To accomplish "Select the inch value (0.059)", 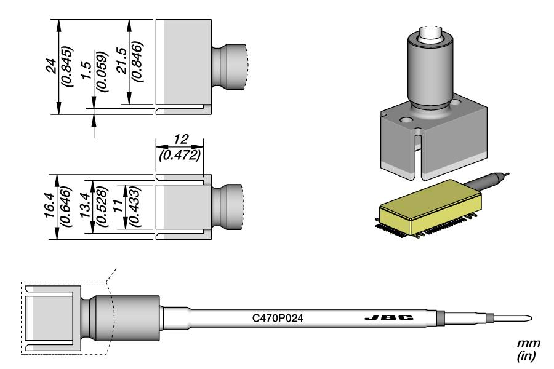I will click(x=102, y=71).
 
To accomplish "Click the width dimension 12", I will click(x=180, y=139).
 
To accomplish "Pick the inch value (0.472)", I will click(x=180, y=155).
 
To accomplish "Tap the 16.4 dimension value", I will click(x=51, y=207).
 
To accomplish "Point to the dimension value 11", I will click(x=119, y=207).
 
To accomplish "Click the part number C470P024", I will click(x=278, y=319).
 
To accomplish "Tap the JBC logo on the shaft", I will click(x=388, y=318).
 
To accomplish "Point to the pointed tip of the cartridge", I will click(x=528, y=319).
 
